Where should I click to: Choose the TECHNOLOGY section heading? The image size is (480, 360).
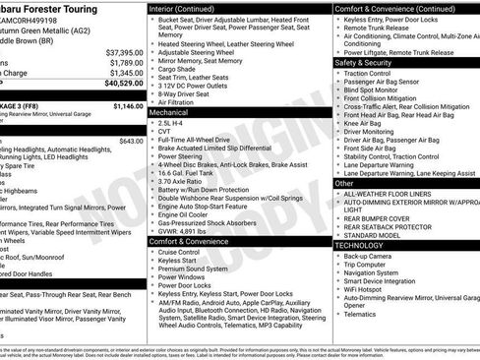(x=360, y=245)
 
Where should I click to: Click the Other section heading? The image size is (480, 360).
(x=345, y=183)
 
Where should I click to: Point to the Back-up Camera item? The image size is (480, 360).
(x=366, y=256)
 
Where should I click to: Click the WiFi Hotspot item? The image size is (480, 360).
(x=364, y=291)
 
